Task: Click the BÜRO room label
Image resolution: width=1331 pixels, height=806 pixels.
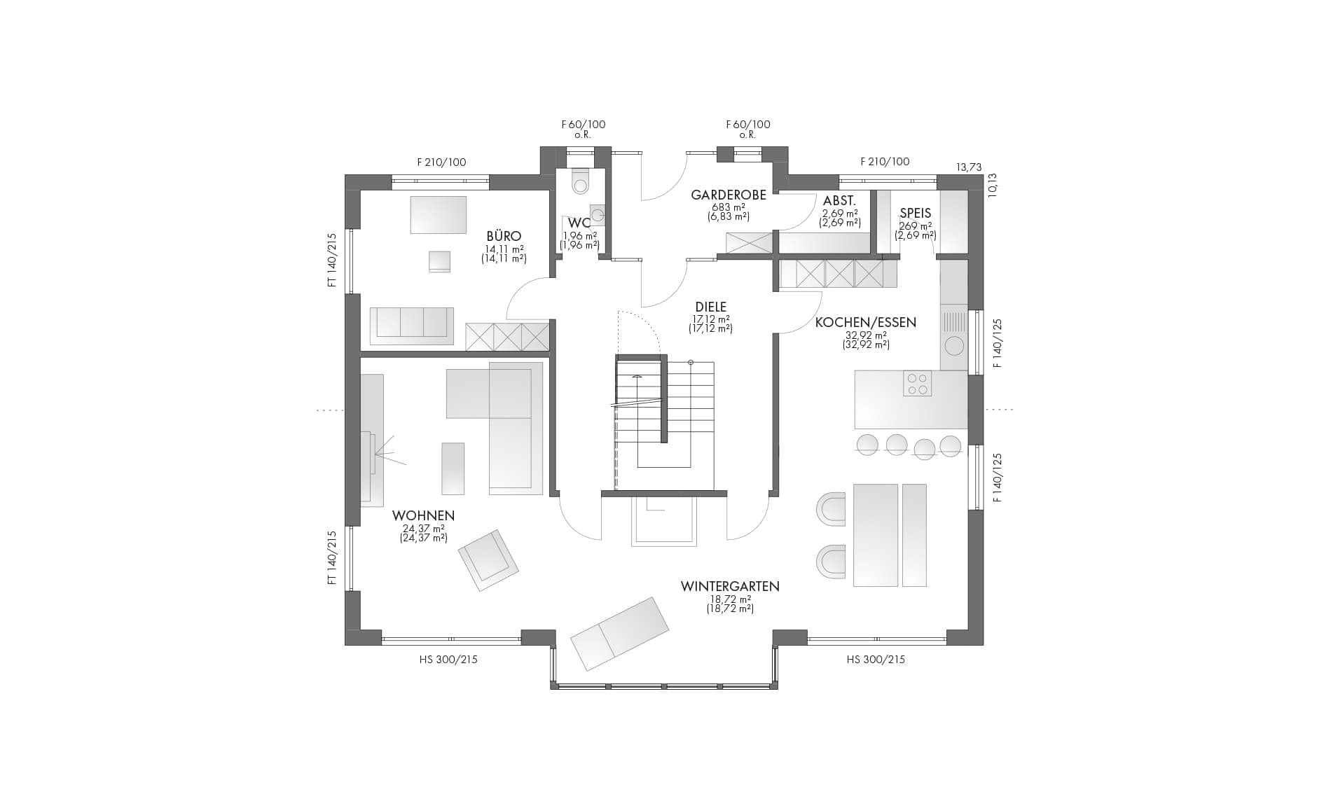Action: pyautogui.click(x=504, y=237)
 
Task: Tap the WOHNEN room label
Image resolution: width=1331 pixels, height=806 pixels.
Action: pyautogui.click(x=423, y=516)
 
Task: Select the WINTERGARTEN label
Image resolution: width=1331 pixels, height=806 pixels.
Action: pyautogui.click(x=730, y=586)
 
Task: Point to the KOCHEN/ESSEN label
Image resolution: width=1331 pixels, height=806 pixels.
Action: pyautogui.click(x=866, y=323)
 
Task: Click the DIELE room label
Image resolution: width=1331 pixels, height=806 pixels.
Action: pyautogui.click(x=711, y=307)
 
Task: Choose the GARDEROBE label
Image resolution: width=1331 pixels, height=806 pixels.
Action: pyautogui.click(x=729, y=195)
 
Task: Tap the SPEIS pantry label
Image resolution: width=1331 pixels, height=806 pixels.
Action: pyautogui.click(x=916, y=214)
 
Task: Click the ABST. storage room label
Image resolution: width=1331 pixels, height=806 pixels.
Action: pyautogui.click(x=839, y=201)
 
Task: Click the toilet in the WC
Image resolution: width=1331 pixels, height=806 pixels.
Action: pyautogui.click(x=581, y=180)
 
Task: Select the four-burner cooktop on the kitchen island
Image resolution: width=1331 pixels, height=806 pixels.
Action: pyautogui.click(x=917, y=383)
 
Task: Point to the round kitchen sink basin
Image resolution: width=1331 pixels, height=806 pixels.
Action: pyautogui.click(x=954, y=346)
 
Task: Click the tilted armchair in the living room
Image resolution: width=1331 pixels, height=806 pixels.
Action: pyautogui.click(x=488, y=560)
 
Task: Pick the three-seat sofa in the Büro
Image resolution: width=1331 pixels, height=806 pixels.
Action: pyautogui.click(x=411, y=326)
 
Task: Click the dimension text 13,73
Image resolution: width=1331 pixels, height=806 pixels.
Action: pyautogui.click(x=970, y=167)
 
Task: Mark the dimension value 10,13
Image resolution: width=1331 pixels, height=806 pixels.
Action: pyautogui.click(x=993, y=186)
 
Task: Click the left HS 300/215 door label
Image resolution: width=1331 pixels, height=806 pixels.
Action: pyautogui.click(x=448, y=660)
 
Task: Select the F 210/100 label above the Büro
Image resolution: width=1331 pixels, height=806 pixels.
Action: pyautogui.click(x=441, y=162)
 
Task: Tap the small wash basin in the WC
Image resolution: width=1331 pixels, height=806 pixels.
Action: pyautogui.click(x=598, y=214)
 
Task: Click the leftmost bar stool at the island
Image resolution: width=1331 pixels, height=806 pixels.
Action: pyautogui.click(x=867, y=444)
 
